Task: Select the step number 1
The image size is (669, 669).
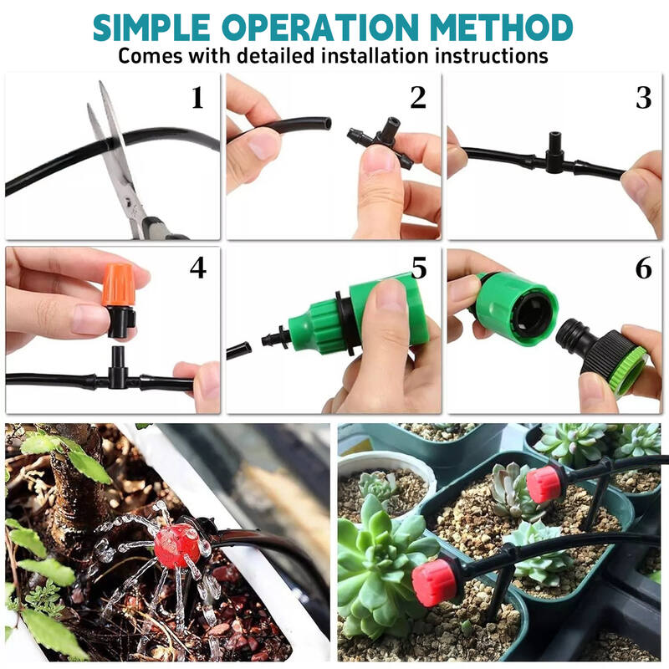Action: pyautogui.click(x=197, y=98)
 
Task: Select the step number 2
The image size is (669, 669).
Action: pyautogui.click(x=418, y=98)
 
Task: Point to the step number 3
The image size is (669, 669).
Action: pyautogui.click(x=643, y=98)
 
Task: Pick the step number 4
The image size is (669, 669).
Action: pyautogui.click(x=197, y=268)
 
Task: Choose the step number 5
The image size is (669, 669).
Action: pyautogui.click(x=418, y=268)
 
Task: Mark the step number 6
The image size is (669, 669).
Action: pyautogui.click(x=643, y=268)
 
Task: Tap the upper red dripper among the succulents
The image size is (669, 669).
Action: pyautogui.click(x=543, y=484)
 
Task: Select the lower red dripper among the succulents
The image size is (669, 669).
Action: pyautogui.click(x=435, y=582)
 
